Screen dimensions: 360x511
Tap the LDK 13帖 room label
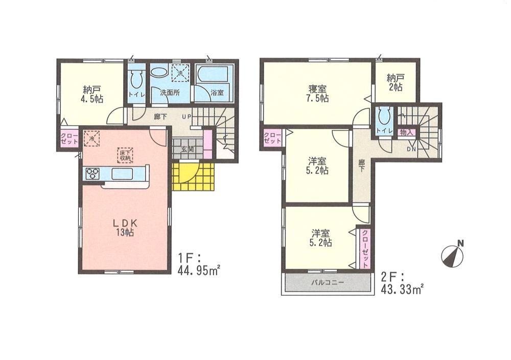(x=124, y=227)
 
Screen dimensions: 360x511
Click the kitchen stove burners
(x=92, y=174)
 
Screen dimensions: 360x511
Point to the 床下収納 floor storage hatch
(x=125, y=154)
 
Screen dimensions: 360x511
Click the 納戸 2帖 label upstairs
(x=394, y=83)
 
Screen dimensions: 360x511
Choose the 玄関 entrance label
(x=187, y=150)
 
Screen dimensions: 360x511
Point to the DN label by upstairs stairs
(x=411, y=150)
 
